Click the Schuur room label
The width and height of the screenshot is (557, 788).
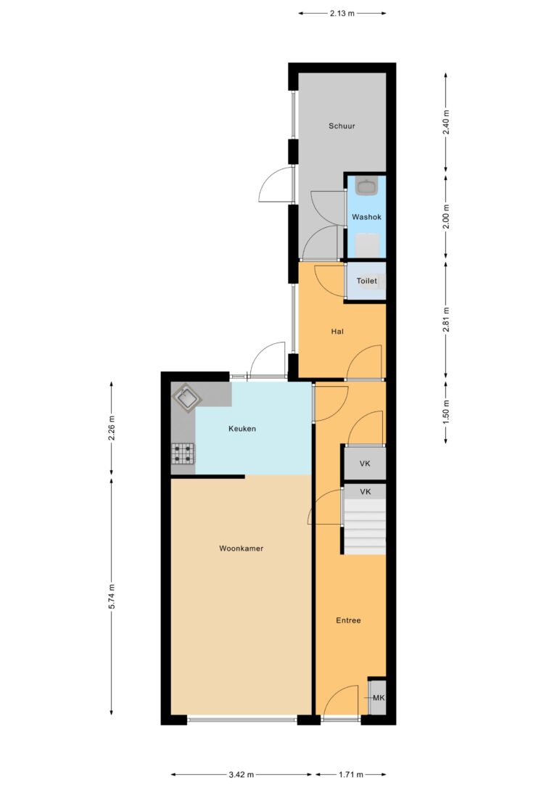342,126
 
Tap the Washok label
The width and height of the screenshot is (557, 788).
366,217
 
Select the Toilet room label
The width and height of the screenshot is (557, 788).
366,281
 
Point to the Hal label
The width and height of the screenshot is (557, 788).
337,332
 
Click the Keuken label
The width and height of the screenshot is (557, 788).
242,429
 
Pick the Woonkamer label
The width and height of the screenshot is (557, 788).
241,549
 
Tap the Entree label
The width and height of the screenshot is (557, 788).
348,620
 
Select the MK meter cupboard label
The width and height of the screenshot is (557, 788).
378,698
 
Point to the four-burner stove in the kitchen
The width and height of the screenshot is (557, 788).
183,454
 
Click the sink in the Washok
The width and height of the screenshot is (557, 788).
366,186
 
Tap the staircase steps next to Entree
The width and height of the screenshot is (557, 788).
364,527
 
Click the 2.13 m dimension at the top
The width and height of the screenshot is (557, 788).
342,12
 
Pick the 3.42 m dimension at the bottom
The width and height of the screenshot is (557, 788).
241,775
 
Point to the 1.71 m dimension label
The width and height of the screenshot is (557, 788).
350,775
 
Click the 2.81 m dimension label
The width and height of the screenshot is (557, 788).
446,319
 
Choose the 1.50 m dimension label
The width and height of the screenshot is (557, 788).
446,411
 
